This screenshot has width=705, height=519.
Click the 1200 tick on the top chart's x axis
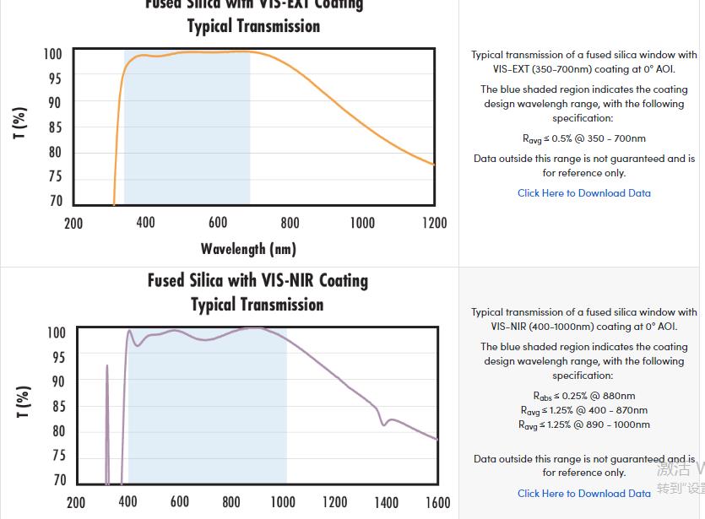(434, 223)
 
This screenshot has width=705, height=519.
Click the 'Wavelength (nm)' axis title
(248, 249)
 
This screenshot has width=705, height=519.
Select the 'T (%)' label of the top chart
(19, 123)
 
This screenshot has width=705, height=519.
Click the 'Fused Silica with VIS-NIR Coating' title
(258, 280)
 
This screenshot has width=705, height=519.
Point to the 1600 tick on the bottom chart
(437, 502)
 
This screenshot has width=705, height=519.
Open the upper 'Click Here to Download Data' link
(583, 193)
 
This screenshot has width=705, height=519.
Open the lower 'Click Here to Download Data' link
(583, 494)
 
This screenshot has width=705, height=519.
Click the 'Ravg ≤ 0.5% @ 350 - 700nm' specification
(583, 139)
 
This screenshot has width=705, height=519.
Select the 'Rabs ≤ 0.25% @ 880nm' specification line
(583, 396)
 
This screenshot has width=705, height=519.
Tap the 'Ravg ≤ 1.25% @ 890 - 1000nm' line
(583, 424)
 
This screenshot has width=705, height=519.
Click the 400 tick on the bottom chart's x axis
(127, 502)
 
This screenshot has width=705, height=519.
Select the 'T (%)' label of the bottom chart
(23, 402)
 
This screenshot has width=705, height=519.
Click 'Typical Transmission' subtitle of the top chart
(253, 26)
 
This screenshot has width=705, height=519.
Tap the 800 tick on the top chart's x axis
(290, 223)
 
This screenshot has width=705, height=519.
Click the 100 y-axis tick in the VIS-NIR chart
(55, 332)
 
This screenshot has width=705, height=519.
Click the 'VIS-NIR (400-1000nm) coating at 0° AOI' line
(583, 327)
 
